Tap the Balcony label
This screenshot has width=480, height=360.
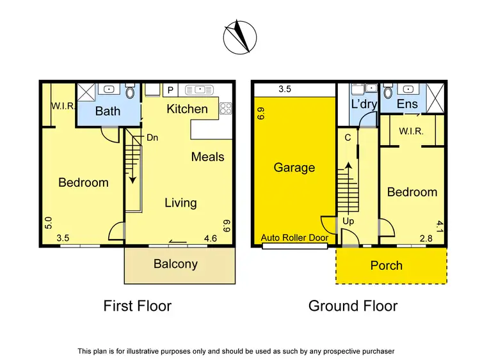(x=175, y=263)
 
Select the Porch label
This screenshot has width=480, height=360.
(x=387, y=265)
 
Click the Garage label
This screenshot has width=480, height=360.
(x=294, y=168)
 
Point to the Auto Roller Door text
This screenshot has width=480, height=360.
(x=294, y=238)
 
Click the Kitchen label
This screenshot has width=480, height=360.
(x=187, y=109)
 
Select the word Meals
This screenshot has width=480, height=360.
(x=207, y=156)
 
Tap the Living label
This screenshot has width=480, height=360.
(x=180, y=203)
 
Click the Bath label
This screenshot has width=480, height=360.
(x=108, y=111)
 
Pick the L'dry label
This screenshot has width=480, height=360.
(x=364, y=104)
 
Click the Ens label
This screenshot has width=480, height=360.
(x=407, y=104)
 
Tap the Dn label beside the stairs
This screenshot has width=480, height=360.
(x=153, y=137)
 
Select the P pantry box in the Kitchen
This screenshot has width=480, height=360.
(x=170, y=90)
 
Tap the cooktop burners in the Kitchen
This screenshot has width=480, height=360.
(x=225, y=109)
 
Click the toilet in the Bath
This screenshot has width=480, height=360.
(x=131, y=93)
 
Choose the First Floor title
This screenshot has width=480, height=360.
(x=138, y=306)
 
